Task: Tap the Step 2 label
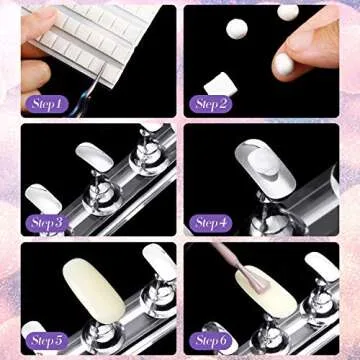pos(211,103)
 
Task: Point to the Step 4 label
pos(211,221)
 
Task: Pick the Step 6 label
pos(211,340)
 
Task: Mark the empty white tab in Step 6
pos(321,265)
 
